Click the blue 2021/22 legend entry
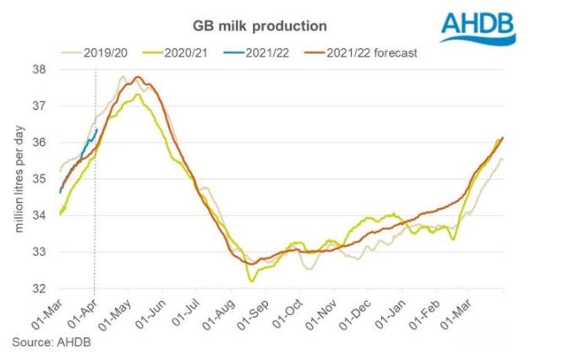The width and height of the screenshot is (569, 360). tap(277, 53)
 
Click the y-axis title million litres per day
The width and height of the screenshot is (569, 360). tap(19, 180)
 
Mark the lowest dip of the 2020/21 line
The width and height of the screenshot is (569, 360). tap(250, 280)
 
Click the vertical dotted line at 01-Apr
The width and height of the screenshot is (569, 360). tap(94, 211)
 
